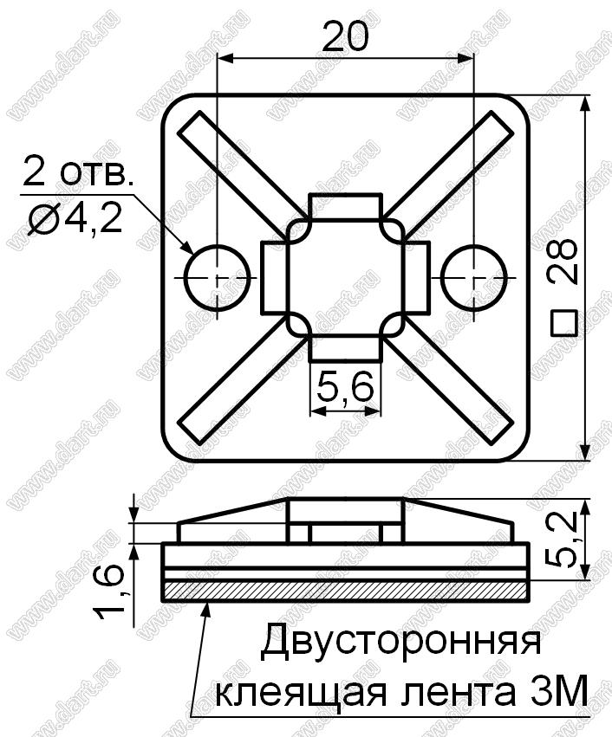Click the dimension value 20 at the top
pos(345,36)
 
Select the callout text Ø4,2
pos(75,219)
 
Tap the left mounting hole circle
pos(217,277)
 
